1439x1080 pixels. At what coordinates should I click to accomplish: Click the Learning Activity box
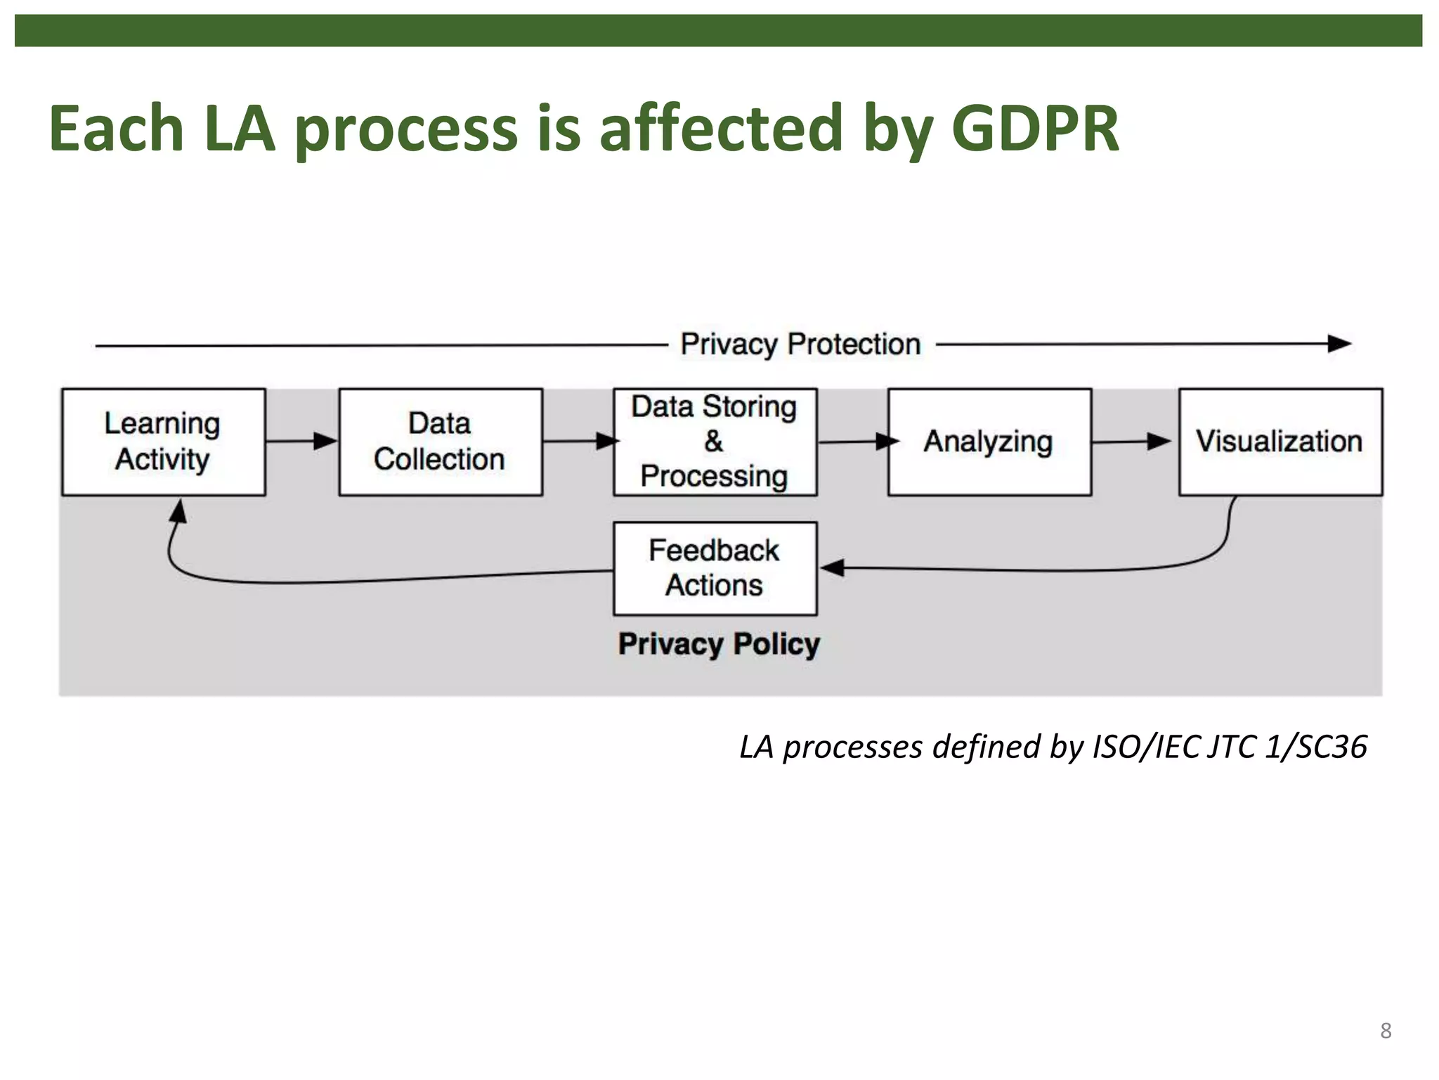pyautogui.click(x=163, y=442)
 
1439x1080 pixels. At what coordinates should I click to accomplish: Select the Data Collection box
pyautogui.click(x=441, y=442)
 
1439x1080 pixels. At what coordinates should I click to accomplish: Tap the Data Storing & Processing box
pyautogui.click(x=715, y=442)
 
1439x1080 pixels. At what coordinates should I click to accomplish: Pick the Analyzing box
pyautogui.click(x=989, y=442)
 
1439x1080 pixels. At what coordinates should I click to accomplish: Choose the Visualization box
pyautogui.click(x=1280, y=442)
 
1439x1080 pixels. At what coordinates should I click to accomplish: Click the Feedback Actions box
pyautogui.click(x=715, y=568)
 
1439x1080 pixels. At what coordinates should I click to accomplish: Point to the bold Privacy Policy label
pyautogui.click(x=719, y=643)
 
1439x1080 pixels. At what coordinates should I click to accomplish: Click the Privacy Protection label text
pyautogui.click(x=800, y=345)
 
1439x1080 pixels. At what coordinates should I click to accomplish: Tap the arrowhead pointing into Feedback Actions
pyautogui.click(x=832, y=567)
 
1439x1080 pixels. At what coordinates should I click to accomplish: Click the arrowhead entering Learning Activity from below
pyautogui.click(x=179, y=510)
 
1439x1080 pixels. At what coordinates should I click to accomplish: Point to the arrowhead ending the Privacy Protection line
pyautogui.click(x=1339, y=344)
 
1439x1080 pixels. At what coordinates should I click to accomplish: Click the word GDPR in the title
pyautogui.click(x=1034, y=129)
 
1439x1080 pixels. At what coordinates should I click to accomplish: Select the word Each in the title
pyautogui.click(x=117, y=129)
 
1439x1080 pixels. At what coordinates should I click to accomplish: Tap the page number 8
pyautogui.click(x=1385, y=1030)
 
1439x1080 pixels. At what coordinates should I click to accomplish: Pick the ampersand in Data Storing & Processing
pyautogui.click(x=713, y=442)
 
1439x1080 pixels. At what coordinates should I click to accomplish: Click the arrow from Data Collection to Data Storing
pyautogui.click(x=580, y=441)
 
